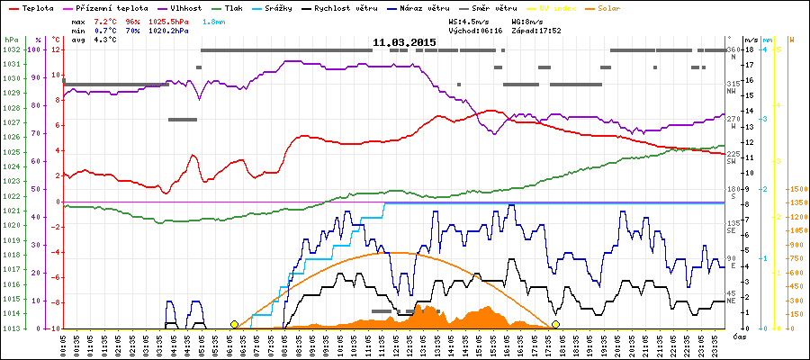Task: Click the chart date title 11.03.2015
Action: tap(405, 42)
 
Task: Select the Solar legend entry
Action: tap(621, 7)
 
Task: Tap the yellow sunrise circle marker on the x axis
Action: tap(235, 324)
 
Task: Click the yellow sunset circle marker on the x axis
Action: tap(556, 324)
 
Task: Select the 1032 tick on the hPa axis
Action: tap(11, 49)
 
